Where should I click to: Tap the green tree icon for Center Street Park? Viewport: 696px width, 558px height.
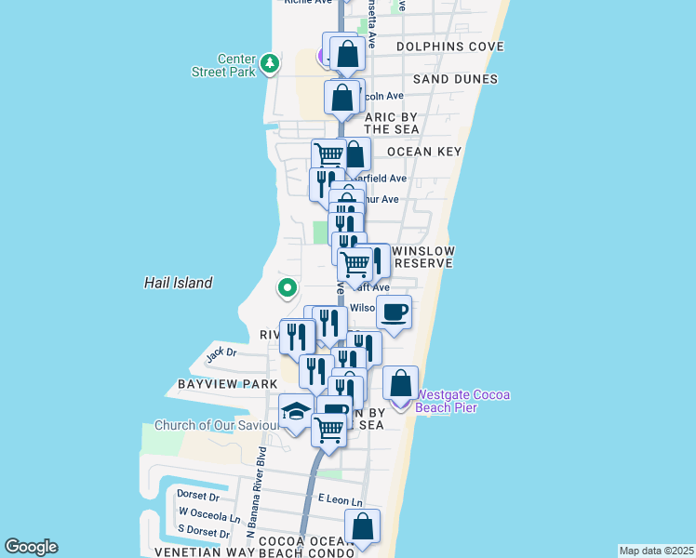[270, 63]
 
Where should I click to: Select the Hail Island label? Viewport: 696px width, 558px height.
[179, 283]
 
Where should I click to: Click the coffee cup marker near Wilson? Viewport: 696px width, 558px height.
[395, 312]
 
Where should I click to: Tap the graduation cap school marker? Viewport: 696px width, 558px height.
[297, 411]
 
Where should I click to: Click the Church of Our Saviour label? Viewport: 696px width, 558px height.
[216, 426]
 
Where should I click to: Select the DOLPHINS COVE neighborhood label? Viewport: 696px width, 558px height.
[449, 46]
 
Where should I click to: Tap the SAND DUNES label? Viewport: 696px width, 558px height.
[456, 80]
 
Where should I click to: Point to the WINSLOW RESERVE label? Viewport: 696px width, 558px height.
[422, 258]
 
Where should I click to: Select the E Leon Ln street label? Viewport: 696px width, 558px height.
[339, 500]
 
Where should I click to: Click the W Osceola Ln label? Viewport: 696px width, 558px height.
[209, 513]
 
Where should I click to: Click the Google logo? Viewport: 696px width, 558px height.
[31, 547]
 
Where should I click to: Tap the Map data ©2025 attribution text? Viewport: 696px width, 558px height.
[657, 550]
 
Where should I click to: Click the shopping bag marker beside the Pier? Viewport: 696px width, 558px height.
[400, 383]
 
